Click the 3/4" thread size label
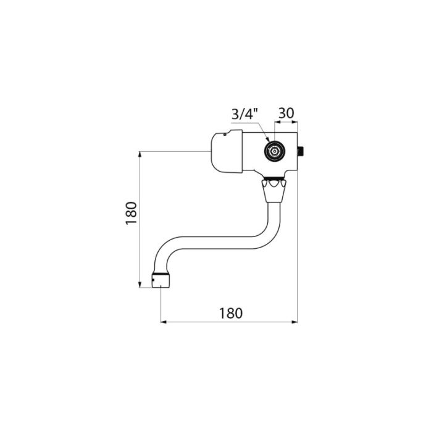[x=244, y=114]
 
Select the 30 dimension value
[x=286, y=113]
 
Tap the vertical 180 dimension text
[x=132, y=213]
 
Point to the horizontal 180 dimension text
[x=231, y=313]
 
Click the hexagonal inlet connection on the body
[x=275, y=151]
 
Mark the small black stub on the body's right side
[x=301, y=151]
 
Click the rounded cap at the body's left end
[x=227, y=151]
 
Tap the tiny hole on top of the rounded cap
[x=224, y=134]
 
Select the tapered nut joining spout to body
[x=274, y=191]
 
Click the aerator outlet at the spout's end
[x=161, y=281]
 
